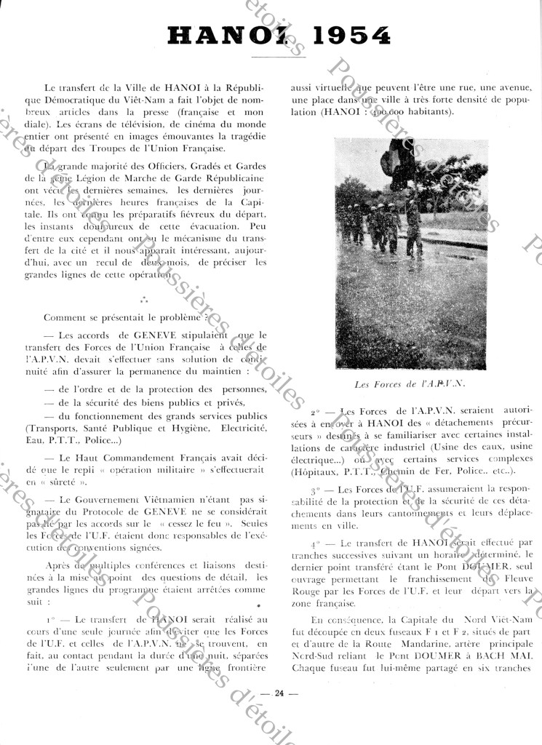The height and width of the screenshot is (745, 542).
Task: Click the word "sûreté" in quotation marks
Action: [x=75, y=482]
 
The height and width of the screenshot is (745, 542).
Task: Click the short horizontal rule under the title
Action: [x=279, y=56]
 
